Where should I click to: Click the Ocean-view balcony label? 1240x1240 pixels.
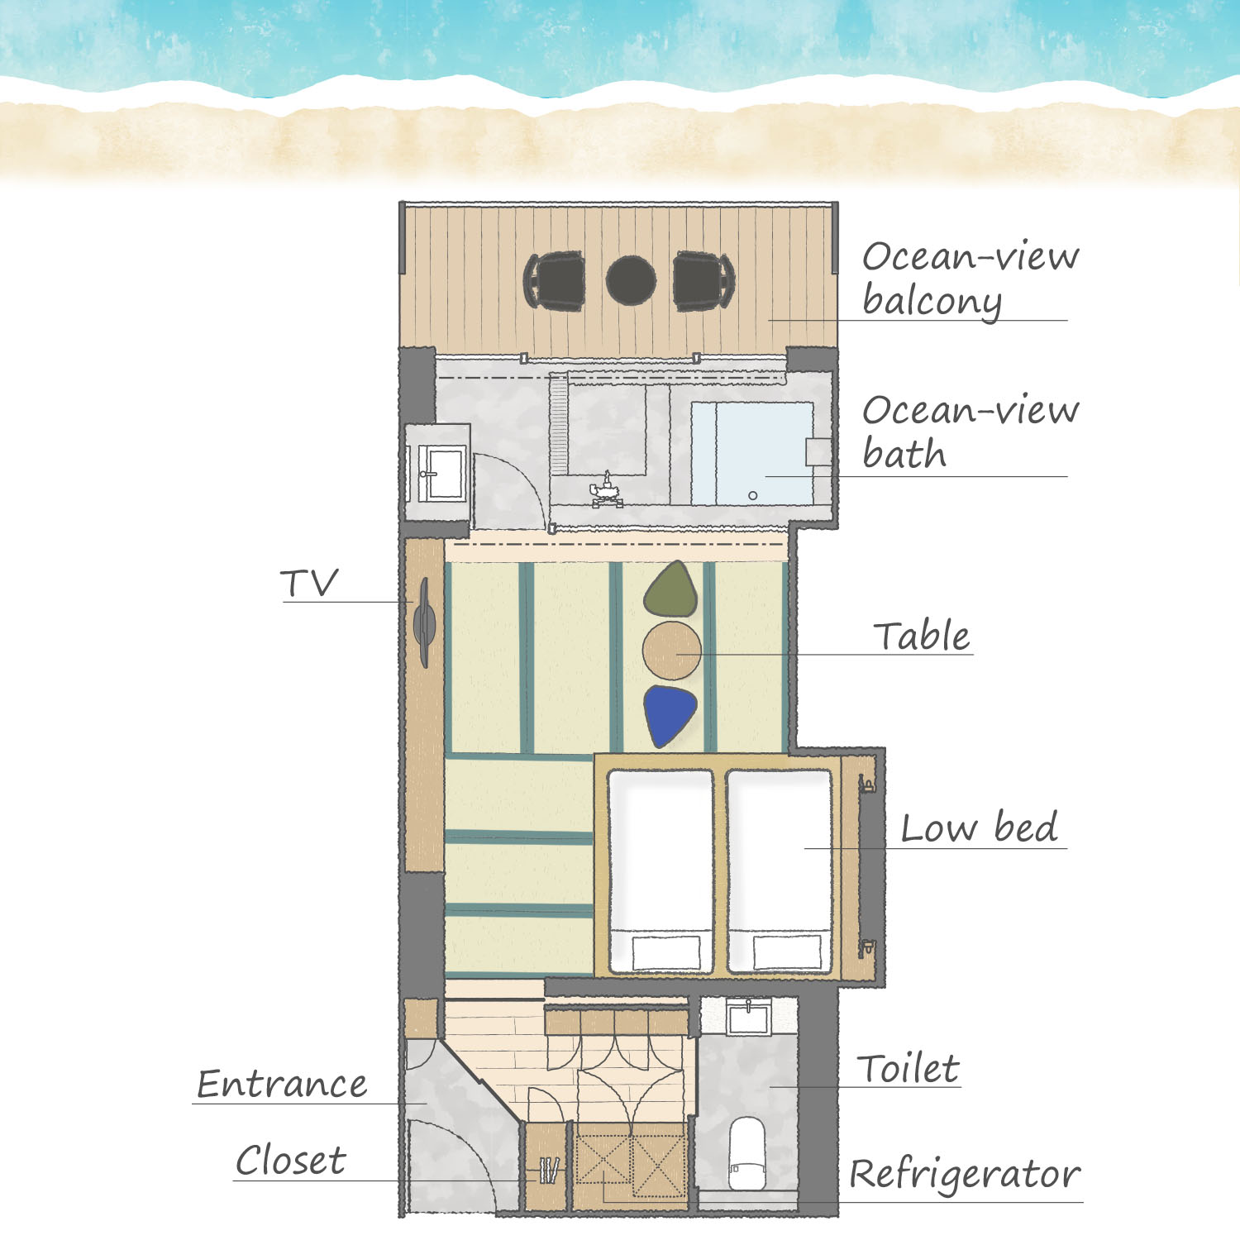[x=971, y=279]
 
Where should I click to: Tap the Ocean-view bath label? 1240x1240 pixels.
[x=971, y=432]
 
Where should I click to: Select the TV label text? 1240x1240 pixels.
[x=309, y=584]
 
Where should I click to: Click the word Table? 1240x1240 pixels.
[x=922, y=636]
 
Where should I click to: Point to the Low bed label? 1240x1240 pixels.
[x=979, y=827]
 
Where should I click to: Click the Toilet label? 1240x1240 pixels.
[x=908, y=1068]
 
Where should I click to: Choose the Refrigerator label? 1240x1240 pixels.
[x=965, y=1175]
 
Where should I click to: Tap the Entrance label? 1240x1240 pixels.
[x=282, y=1084]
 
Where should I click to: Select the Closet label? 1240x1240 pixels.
[x=290, y=1161]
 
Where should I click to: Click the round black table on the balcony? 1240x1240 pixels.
[x=632, y=280]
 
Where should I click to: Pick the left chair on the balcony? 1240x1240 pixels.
[x=555, y=281]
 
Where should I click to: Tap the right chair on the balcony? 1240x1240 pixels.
[x=703, y=281]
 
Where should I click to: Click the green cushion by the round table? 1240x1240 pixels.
[x=670, y=589]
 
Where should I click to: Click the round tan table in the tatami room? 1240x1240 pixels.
[x=672, y=651]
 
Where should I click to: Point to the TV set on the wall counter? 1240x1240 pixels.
[x=424, y=622]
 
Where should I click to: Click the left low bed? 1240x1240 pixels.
[x=661, y=871]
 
